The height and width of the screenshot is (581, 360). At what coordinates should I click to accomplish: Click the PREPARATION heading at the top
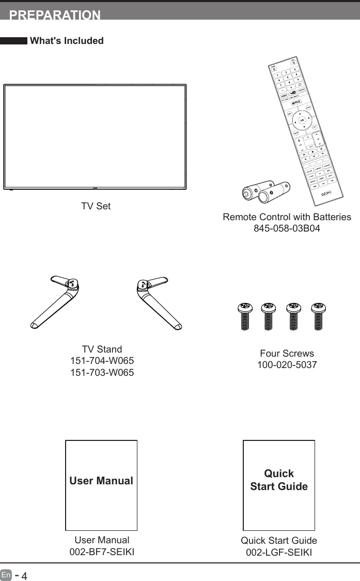click(55, 15)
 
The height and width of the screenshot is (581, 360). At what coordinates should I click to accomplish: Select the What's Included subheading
click(67, 41)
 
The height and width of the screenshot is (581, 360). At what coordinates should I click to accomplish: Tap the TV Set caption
click(96, 206)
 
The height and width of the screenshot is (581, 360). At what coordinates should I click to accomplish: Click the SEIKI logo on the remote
click(325, 193)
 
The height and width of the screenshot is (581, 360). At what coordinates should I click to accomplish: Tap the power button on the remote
click(274, 69)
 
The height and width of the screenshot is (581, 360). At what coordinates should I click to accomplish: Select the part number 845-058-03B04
click(287, 228)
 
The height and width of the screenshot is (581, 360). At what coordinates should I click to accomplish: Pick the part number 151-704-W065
click(102, 361)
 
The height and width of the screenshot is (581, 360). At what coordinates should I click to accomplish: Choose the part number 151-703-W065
click(102, 372)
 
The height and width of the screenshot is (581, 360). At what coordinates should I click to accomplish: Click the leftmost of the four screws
click(244, 315)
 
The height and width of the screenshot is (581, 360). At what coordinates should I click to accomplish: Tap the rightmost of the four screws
click(319, 315)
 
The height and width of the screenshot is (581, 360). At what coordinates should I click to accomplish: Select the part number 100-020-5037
click(287, 365)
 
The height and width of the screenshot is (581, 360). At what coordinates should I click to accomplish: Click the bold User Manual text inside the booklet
click(101, 481)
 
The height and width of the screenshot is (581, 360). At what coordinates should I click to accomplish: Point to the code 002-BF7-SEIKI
click(102, 552)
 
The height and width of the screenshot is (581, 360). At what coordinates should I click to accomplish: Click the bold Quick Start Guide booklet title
click(279, 480)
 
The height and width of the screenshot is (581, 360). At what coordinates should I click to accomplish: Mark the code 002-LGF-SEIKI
click(279, 552)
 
